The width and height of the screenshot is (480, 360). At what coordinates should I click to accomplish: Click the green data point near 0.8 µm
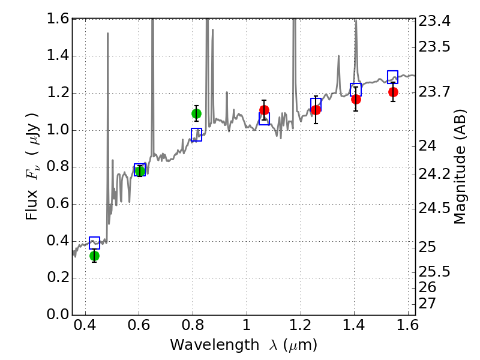(196, 113)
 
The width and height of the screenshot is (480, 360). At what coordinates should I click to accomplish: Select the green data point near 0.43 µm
(94, 256)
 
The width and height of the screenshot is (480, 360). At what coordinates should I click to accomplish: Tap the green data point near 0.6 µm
(140, 171)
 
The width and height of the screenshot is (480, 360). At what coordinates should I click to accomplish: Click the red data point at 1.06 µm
(264, 110)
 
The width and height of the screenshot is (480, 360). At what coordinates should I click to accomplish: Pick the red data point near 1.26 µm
(316, 110)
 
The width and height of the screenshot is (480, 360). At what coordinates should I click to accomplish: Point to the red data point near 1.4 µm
(356, 99)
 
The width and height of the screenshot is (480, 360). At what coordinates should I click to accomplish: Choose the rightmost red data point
(393, 92)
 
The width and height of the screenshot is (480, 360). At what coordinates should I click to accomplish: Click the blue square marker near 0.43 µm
(94, 243)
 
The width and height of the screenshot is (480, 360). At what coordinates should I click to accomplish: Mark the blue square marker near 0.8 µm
(196, 134)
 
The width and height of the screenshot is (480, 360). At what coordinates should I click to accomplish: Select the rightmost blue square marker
(393, 77)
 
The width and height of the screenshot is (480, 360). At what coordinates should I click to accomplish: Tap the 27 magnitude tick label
(429, 303)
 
